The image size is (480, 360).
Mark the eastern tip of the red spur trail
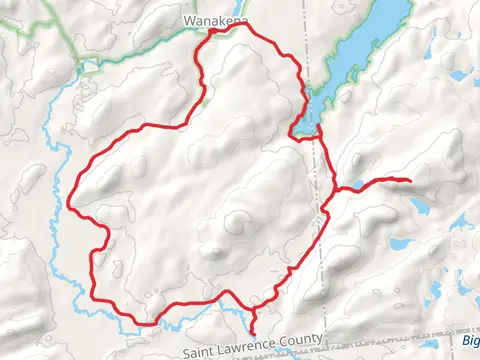coord(411,180)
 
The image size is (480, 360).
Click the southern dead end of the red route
coord(252,333)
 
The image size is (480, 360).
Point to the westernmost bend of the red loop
coord(69,207)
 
